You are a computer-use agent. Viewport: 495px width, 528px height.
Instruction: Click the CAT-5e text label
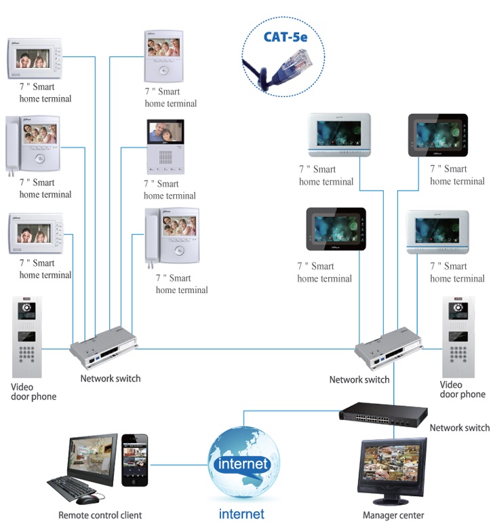tap(285, 37)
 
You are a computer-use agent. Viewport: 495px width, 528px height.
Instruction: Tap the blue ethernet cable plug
tap(294, 64)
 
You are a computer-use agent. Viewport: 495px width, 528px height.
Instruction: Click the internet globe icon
tap(243, 462)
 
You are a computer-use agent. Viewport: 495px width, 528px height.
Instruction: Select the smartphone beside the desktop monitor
tap(135, 459)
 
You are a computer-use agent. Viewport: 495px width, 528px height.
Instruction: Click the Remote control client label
tap(100, 515)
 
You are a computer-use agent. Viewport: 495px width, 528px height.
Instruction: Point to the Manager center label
tap(393, 515)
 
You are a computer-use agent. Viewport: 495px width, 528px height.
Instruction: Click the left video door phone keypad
tap(26, 354)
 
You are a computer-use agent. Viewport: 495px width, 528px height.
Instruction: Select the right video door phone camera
tap(458, 307)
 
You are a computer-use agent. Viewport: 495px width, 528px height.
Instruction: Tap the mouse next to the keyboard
tap(88, 499)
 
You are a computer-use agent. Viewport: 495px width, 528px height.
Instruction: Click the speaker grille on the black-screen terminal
tap(165, 157)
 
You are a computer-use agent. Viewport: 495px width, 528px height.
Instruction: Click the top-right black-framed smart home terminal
tap(438, 135)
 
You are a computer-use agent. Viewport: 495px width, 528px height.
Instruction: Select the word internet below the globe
tap(241, 514)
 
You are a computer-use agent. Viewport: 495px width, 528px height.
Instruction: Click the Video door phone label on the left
tap(33, 392)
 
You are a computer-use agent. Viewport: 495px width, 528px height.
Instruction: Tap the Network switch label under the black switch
tap(459, 428)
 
